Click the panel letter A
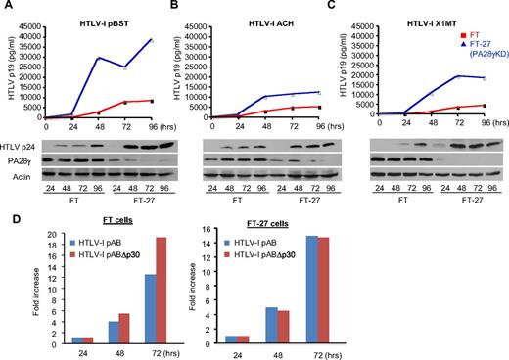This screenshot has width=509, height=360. click(7, 7)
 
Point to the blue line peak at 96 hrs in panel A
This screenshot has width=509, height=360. click(152, 40)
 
